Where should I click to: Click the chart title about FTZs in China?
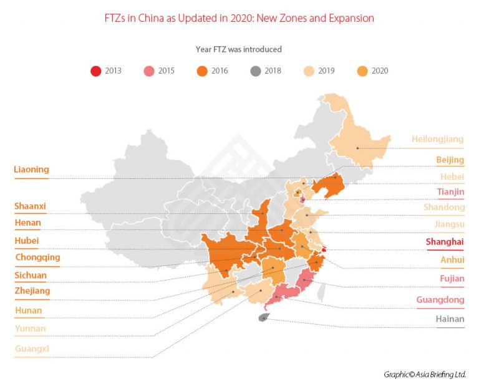click(239, 18)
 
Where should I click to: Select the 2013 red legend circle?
click(95, 70)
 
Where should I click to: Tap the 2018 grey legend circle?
click(256, 70)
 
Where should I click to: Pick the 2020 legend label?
click(379, 70)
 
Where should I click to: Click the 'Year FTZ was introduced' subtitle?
click(239, 49)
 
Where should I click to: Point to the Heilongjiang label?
click(437, 139)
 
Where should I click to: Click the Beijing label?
click(450, 160)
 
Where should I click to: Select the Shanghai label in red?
click(445, 241)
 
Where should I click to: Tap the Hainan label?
click(450, 319)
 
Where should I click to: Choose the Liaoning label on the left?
click(31, 169)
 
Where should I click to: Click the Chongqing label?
click(37, 257)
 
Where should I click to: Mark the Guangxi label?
click(32, 349)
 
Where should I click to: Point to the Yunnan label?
click(30, 329)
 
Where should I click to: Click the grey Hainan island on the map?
click(263, 318)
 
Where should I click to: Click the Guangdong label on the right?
click(440, 300)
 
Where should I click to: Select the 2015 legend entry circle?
click(149, 70)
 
